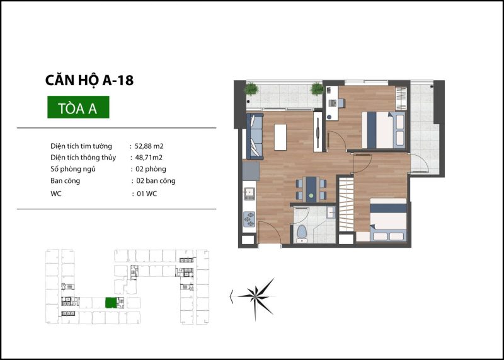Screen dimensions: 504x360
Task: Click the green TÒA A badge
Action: click(78, 107)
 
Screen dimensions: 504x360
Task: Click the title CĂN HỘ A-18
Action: click(89, 80)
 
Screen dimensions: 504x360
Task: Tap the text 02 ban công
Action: click(156, 181)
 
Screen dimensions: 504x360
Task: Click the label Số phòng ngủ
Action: click(73, 169)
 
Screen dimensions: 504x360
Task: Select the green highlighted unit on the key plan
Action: click(111, 303)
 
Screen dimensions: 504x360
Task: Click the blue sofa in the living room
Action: click(255, 136)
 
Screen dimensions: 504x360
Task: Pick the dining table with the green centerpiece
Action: click(311, 189)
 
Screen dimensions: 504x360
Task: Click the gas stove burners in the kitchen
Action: click(249, 219)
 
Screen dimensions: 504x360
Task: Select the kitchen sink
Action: click(249, 192)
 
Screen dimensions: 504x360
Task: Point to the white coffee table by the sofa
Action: click(280, 137)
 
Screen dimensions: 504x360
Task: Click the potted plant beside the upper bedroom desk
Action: click(317, 88)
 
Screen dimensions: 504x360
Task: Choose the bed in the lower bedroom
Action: click(388, 219)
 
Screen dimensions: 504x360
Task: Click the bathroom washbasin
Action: click(330, 212)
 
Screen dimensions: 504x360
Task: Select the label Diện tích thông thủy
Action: click(83, 158)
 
